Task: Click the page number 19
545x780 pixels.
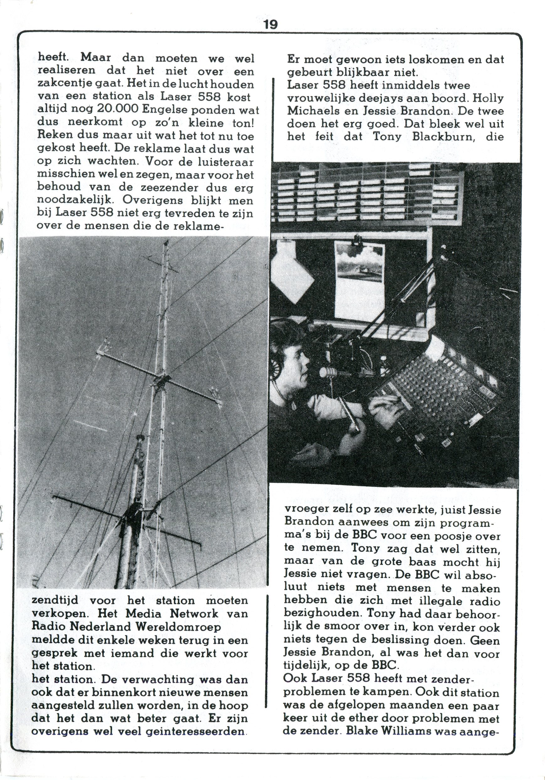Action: coord(270,24)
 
